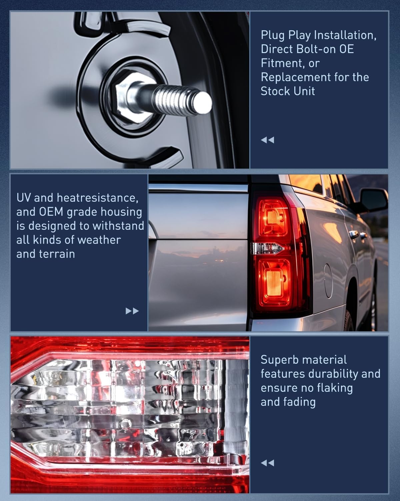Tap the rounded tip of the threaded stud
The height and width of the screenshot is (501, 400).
coord(203,103)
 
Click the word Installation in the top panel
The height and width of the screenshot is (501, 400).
coord(345,35)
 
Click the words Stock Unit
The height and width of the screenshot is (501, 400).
coord(288,91)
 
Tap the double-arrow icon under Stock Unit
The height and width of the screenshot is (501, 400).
coord(268,140)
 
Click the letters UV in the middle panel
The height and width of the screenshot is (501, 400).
coord(24,198)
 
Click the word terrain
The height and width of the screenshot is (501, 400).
coord(57,254)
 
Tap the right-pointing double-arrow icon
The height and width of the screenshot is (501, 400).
coord(132,311)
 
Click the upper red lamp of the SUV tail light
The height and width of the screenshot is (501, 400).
coord(274,217)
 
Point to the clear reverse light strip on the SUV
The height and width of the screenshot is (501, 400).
coord(267,248)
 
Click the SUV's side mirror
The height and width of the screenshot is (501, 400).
coord(373,200)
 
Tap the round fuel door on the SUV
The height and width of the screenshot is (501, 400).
coord(328,281)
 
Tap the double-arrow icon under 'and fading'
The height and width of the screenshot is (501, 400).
coord(268,463)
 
